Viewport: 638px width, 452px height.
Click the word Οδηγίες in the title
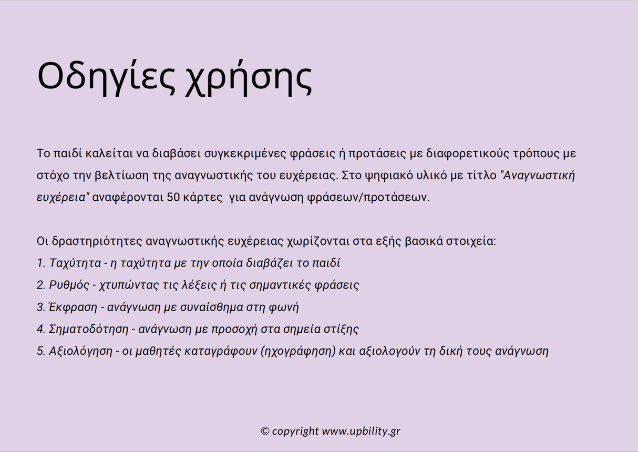coord(106,77)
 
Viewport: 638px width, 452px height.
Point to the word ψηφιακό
coord(386,176)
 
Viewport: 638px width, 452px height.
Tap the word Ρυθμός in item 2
coord(67,285)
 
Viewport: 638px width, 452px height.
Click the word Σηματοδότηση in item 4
coord(88,330)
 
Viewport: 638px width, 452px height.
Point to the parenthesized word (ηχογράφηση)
coord(297,352)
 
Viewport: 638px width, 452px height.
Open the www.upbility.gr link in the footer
coord(361,431)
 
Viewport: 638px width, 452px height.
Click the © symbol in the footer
coord(265,431)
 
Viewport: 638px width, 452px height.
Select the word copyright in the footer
coord(295,432)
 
